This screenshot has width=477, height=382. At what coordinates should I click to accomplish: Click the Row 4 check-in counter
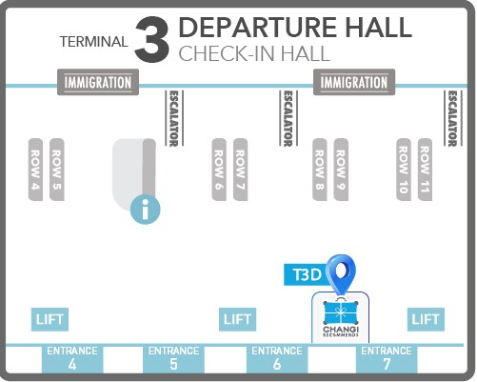(x=35, y=170)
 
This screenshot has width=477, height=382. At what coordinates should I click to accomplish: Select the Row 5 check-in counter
(x=57, y=170)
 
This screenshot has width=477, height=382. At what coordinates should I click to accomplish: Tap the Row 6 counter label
(x=219, y=170)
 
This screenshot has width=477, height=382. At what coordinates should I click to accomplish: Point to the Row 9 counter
(x=341, y=170)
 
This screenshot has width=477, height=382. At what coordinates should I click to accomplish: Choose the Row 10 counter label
(x=404, y=170)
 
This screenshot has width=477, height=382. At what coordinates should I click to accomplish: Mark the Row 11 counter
(x=425, y=170)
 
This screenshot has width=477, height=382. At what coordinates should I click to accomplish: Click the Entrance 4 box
(x=72, y=359)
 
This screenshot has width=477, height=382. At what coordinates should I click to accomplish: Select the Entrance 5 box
(x=173, y=359)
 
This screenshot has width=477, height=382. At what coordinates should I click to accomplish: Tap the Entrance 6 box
(x=277, y=359)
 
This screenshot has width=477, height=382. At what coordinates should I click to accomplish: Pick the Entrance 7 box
(x=387, y=359)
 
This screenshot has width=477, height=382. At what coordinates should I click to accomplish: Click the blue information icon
(x=146, y=210)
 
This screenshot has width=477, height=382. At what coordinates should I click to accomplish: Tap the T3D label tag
(x=306, y=274)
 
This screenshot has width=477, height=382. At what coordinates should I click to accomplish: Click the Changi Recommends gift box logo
(x=341, y=318)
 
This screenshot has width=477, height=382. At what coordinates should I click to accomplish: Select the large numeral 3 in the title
(x=151, y=39)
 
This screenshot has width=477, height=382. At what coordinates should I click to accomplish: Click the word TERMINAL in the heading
(x=93, y=42)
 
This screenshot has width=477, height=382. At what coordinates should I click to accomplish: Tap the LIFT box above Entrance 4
(x=50, y=319)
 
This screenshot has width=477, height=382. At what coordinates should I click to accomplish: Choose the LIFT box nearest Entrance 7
(x=426, y=319)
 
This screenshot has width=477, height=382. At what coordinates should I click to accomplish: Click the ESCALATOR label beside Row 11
(x=452, y=118)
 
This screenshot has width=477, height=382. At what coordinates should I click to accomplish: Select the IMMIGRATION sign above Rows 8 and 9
(x=354, y=82)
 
